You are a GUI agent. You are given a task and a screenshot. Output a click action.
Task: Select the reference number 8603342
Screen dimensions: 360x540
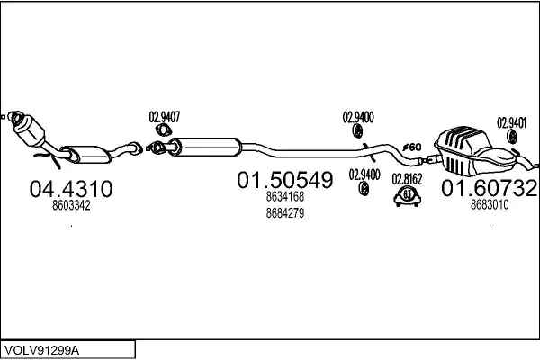[72, 206]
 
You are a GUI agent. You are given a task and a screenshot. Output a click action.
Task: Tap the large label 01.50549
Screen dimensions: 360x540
[284, 180]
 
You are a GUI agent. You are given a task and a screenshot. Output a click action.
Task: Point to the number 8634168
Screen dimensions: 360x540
[284, 197]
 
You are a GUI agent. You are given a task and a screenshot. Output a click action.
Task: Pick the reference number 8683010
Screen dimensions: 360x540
[490, 205]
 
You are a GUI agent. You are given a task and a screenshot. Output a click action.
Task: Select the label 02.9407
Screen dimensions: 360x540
[165, 116]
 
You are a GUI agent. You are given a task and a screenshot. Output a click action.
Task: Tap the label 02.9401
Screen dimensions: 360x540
[512, 121]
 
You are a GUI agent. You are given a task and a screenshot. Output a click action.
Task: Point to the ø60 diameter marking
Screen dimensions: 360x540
[410, 147]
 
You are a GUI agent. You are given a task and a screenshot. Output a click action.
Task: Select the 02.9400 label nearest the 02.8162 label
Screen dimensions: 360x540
[364, 174]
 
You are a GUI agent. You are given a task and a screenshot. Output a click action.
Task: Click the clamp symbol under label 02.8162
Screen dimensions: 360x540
[408, 197]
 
